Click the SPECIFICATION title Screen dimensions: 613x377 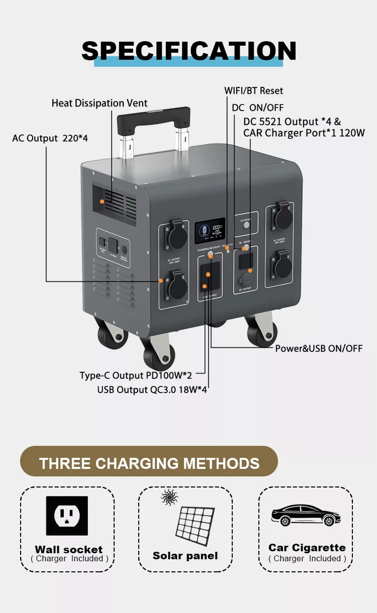[189, 51]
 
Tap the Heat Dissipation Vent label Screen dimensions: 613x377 [100, 103]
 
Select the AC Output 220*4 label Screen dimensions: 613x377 [50, 138]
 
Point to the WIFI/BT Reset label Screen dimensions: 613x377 [253, 91]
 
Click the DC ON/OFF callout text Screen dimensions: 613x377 [257, 107]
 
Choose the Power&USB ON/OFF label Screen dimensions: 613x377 [318, 348]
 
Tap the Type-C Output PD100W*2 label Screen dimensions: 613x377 [136, 376]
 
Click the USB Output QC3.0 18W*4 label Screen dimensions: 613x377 [152, 390]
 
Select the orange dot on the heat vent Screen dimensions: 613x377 [102, 201]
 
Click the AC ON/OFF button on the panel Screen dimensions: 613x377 [246, 225]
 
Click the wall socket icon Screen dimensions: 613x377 [67, 516]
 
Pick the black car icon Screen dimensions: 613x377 [305, 515]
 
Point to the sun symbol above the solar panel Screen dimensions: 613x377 [169, 498]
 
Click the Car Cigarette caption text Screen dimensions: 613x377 [307, 548]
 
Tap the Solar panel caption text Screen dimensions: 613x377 [185, 556]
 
